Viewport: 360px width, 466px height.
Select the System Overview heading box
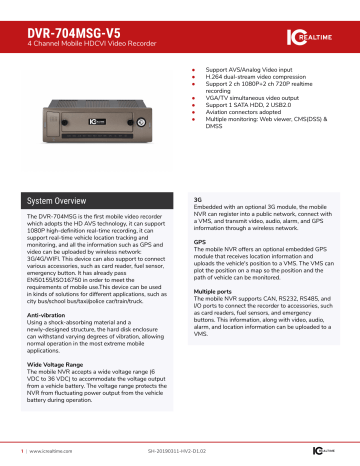(x=95, y=200)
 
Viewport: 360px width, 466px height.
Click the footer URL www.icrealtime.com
(x=47, y=451)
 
